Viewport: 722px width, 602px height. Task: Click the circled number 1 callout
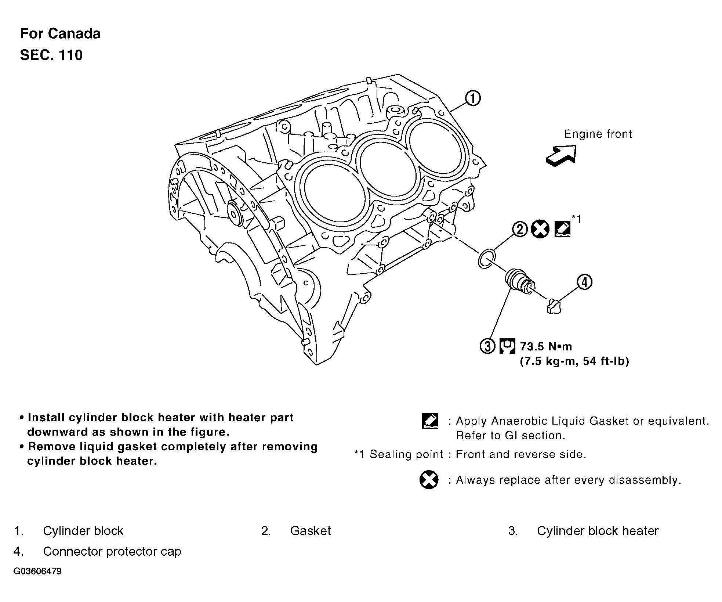point(473,98)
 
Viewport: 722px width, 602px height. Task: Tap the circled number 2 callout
point(520,230)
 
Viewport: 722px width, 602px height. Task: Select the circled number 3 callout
point(487,346)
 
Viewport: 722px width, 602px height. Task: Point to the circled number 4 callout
point(584,282)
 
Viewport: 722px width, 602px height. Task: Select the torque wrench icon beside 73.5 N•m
point(507,346)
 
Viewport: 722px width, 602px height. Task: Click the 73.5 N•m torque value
point(546,346)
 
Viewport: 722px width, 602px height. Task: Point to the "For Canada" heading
point(60,33)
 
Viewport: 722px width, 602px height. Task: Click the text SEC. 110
point(51,55)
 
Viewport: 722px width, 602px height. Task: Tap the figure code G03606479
point(37,572)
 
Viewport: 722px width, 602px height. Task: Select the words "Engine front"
point(598,134)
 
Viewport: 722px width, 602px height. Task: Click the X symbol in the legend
point(429,480)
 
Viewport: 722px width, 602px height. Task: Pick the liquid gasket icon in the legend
point(430,421)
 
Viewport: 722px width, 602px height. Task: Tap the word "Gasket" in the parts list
point(310,531)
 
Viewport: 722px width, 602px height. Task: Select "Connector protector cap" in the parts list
point(112,551)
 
